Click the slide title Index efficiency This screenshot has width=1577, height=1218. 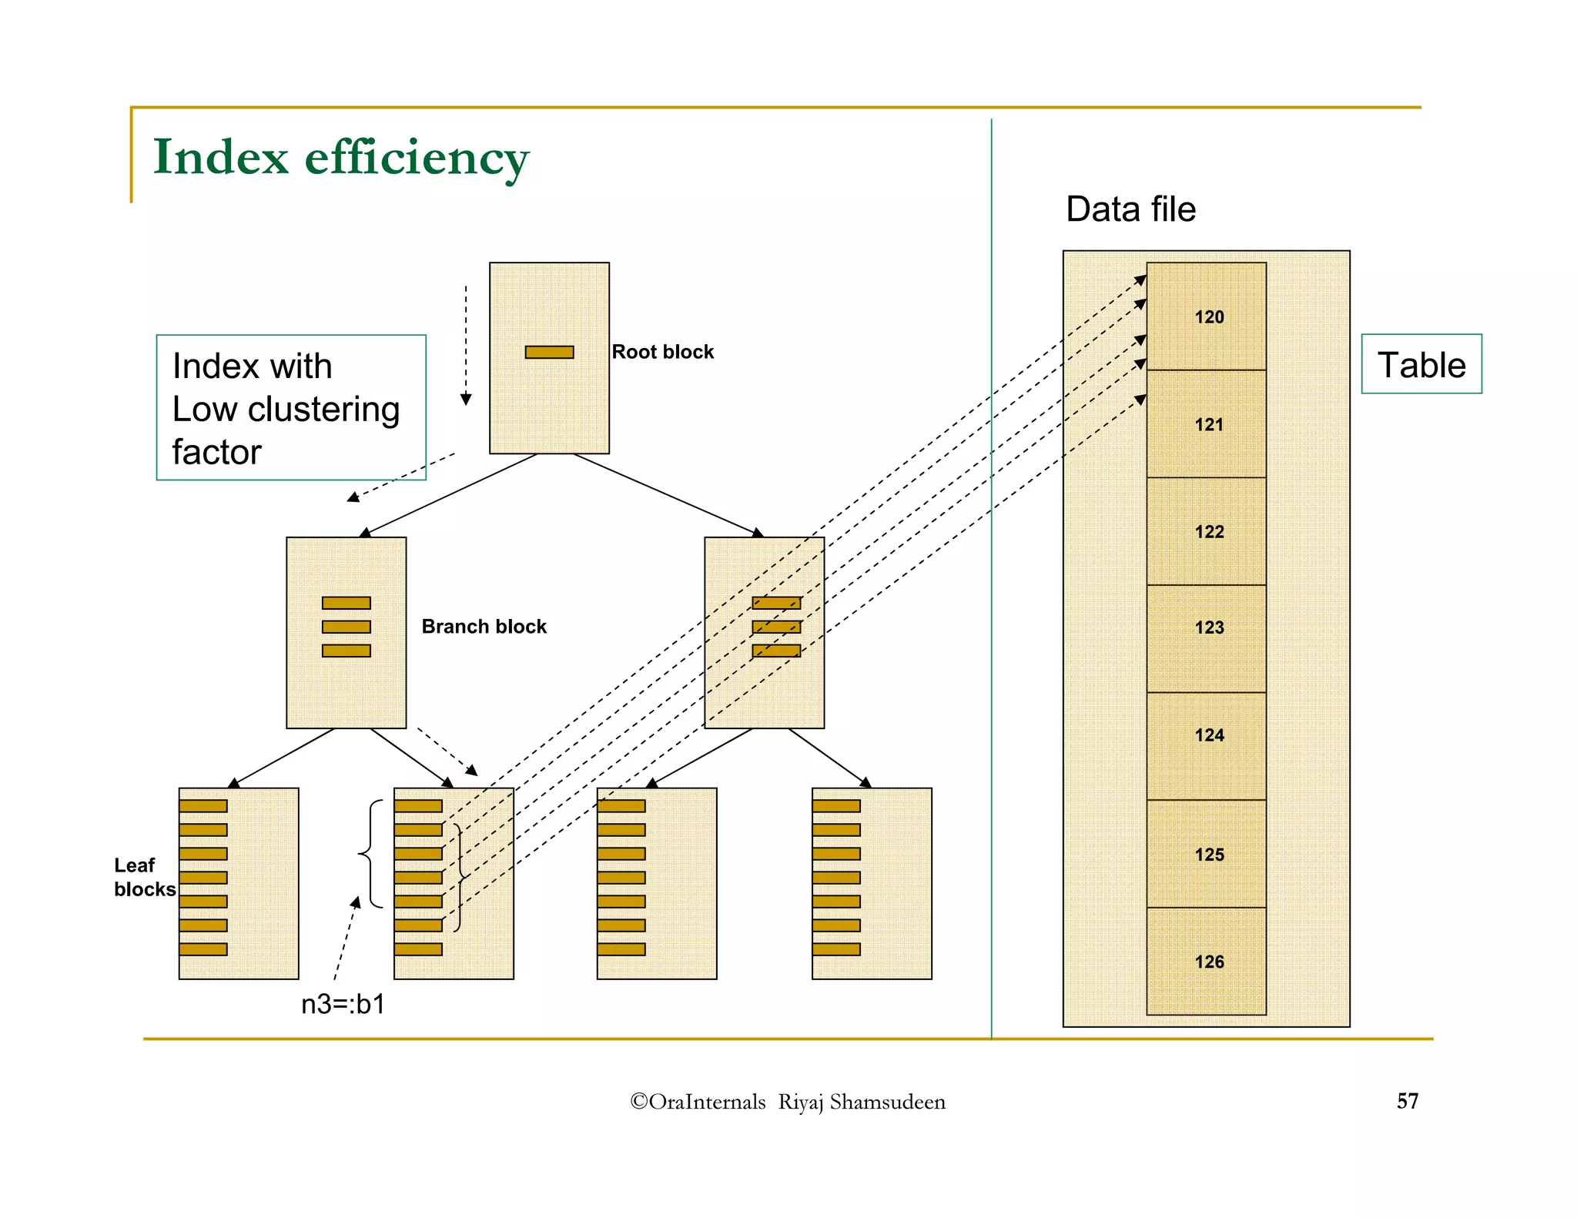click(x=340, y=158)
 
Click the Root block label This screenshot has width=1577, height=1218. click(x=662, y=352)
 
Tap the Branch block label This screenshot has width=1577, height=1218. click(x=484, y=627)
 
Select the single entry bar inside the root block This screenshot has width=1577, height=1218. click(x=549, y=352)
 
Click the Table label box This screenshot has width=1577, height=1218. click(x=1421, y=364)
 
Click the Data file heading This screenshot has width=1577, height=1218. click(x=1130, y=209)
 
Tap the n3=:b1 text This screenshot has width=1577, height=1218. click(x=343, y=1004)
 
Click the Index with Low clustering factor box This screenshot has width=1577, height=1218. click(x=291, y=407)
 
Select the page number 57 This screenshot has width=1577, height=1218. click(x=1407, y=1101)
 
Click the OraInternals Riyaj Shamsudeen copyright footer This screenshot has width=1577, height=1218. click(x=787, y=1102)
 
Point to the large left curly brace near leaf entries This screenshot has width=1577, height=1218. click(x=370, y=854)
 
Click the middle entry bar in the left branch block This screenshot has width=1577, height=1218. click(x=346, y=627)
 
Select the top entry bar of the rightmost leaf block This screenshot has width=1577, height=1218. click(x=835, y=806)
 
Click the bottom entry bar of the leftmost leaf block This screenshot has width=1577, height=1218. click(x=203, y=949)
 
